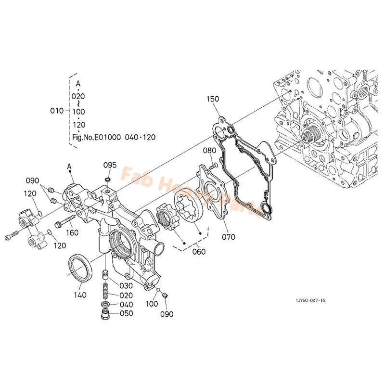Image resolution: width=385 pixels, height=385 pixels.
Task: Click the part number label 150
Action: coord(213,99)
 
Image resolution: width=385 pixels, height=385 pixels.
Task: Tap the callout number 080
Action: coord(209,150)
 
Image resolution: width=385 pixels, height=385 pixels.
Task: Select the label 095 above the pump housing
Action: coord(110,165)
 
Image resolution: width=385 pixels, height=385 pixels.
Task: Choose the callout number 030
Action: coord(126,286)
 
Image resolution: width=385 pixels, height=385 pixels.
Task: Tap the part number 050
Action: coord(126,313)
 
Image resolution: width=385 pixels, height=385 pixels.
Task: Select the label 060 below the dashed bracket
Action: coord(198,252)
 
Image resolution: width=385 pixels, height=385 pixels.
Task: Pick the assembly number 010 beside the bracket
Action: coord(57,111)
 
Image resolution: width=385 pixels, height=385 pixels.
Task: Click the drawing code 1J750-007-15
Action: coord(310,300)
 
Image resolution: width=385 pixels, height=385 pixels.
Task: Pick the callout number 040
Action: coord(126,304)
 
